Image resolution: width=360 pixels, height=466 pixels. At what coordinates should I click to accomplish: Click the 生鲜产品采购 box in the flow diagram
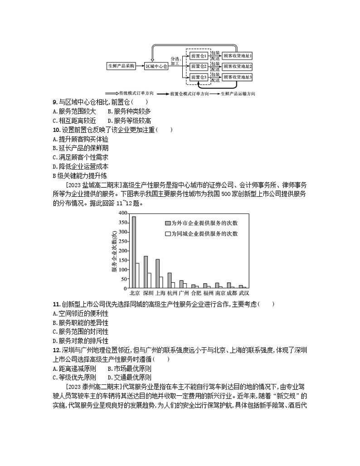pos(121,66)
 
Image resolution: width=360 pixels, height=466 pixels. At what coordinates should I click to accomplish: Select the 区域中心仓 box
pos(156,66)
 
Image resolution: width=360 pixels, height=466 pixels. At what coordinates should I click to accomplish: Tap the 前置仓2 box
pos(199,66)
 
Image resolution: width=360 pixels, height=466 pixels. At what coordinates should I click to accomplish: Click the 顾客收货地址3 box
pos(237,77)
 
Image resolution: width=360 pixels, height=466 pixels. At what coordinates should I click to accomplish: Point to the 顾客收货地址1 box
pos(237,56)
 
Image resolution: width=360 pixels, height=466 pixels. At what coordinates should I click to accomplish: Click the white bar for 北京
pos(137,276)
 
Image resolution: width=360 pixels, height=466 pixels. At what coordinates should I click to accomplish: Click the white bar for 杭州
pos(173,286)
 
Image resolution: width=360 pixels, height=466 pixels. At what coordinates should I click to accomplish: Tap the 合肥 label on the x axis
pos(195,293)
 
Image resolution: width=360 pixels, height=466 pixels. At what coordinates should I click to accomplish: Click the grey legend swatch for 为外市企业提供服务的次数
pos(167,223)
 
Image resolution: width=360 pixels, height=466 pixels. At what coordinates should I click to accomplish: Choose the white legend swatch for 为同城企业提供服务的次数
pos(167,234)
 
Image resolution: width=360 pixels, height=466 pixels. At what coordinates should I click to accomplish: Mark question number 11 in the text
pos(56,304)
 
